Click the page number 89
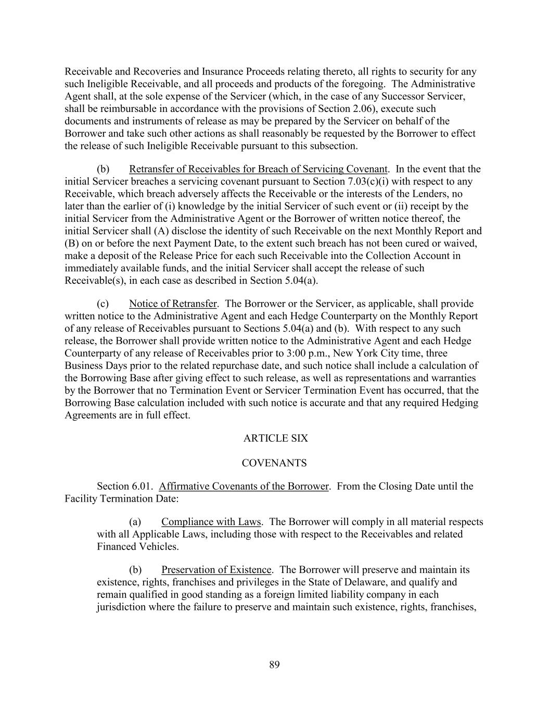(275, 664)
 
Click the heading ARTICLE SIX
(275, 438)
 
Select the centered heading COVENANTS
(274, 463)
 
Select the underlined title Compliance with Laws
(211, 521)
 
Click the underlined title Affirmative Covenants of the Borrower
(244, 486)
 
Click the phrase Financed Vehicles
(137, 546)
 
